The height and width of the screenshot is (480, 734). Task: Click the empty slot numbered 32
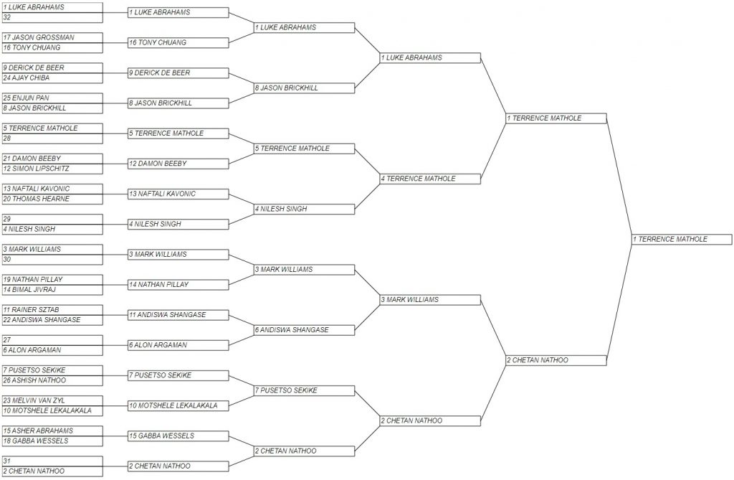click(52, 18)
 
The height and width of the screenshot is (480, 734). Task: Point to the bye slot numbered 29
click(52, 219)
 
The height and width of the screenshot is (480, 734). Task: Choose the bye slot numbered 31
click(52, 461)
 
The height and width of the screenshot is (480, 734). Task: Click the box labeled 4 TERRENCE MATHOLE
click(430, 179)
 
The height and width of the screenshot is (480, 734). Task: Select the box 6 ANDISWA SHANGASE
click(304, 330)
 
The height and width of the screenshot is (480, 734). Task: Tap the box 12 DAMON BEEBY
click(178, 164)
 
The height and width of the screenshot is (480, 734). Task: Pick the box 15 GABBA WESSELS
click(178, 436)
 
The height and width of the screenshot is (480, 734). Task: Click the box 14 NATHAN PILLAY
click(178, 285)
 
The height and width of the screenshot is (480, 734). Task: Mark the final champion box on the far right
click(682, 239)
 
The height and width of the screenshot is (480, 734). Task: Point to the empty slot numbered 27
click(52, 340)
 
